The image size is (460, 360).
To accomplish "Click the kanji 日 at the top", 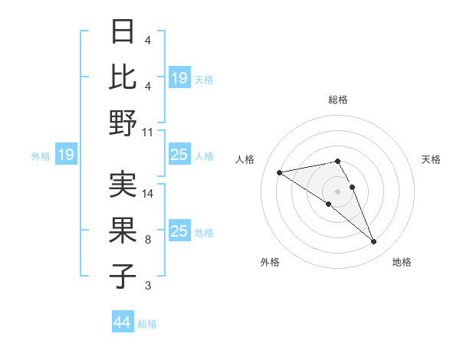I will [123, 32].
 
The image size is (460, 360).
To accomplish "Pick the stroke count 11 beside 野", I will [148, 132].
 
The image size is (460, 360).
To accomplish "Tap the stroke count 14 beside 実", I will [148, 194].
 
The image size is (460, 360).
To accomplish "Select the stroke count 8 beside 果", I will [148, 240].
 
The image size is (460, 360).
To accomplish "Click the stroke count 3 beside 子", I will [148, 286].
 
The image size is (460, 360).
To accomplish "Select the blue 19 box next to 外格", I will [66, 155].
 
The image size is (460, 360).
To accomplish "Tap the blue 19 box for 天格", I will [179, 78].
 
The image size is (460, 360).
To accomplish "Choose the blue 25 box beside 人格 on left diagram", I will [179, 155].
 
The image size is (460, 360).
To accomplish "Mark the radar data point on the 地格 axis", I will [374, 242].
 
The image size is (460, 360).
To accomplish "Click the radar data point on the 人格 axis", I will [279, 172].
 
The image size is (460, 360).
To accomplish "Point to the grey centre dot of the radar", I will [338, 191].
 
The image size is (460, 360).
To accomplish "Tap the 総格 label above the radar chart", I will [338, 100].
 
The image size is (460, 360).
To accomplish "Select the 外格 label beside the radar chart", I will [270, 263].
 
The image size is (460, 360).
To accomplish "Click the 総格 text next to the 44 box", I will [147, 324].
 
